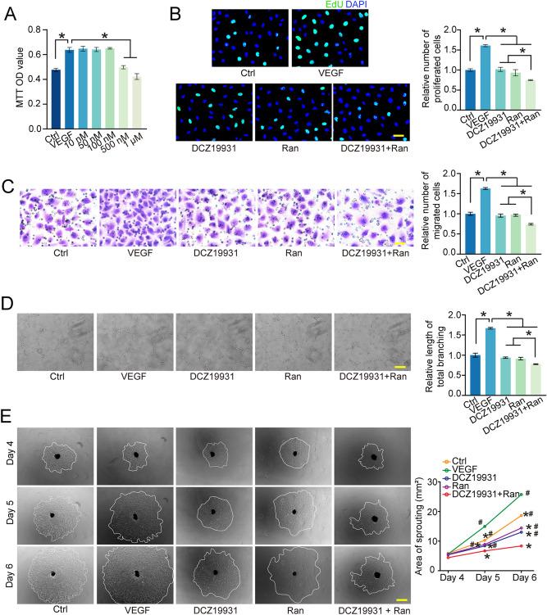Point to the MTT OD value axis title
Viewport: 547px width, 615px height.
(11, 78)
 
